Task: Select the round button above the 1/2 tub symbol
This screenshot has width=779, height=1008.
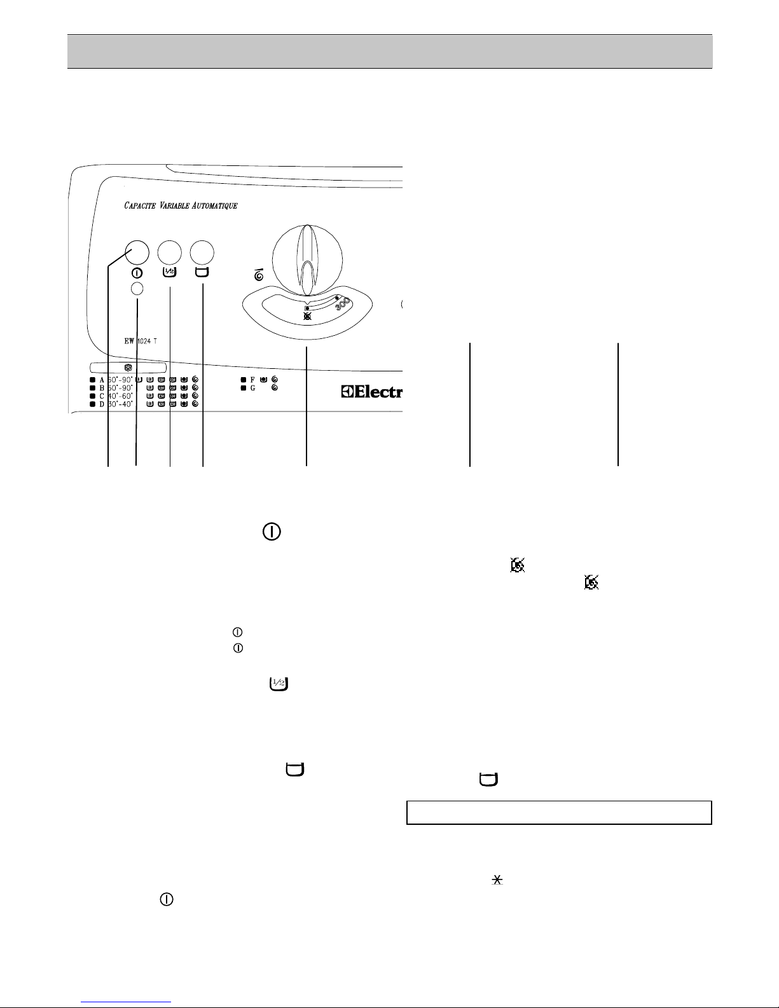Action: click(x=170, y=252)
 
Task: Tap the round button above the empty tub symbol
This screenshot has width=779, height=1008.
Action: click(x=203, y=252)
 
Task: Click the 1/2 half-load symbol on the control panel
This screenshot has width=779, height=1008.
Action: click(x=170, y=272)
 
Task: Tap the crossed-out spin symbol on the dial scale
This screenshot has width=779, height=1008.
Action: click(x=308, y=315)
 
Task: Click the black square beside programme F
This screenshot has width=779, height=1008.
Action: click(x=243, y=380)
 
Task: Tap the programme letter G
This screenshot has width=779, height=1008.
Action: click(x=252, y=388)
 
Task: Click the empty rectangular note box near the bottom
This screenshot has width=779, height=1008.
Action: click(x=558, y=812)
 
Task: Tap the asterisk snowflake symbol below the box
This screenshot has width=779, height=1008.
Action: click(x=498, y=880)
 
